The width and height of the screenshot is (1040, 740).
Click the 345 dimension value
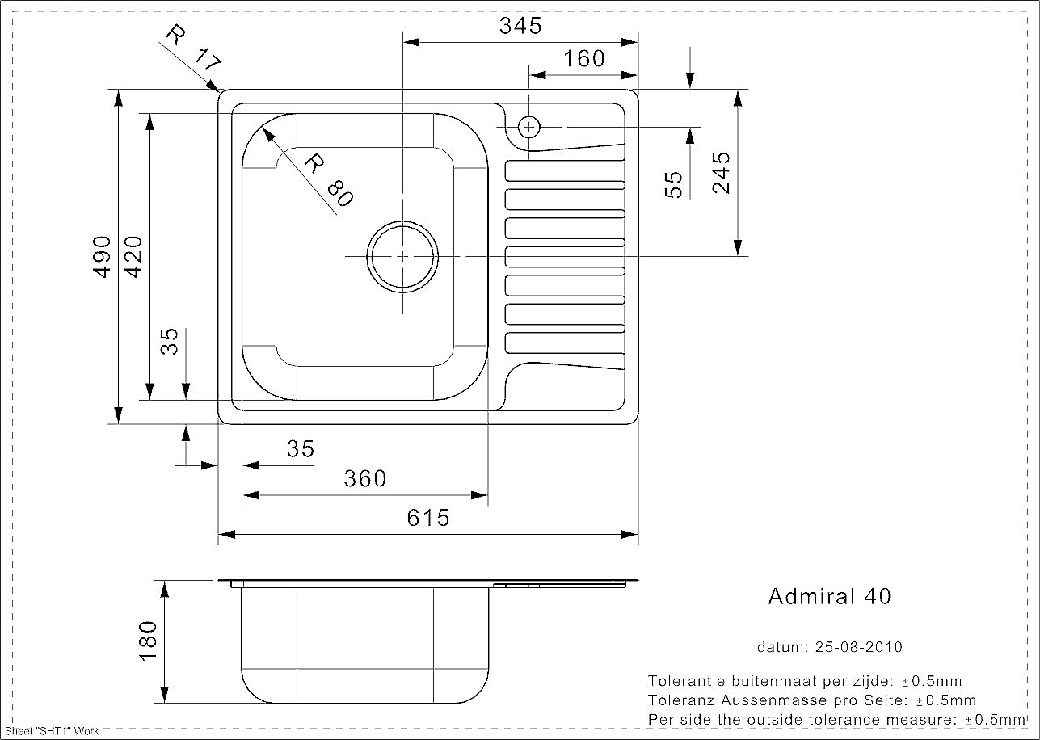click(520, 26)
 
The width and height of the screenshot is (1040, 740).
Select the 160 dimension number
click(584, 59)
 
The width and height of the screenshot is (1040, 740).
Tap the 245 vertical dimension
click(721, 173)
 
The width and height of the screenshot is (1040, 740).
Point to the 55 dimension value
click(674, 185)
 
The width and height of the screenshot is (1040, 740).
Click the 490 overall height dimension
click(102, 257)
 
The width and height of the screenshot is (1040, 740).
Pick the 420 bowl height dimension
click(133, 257)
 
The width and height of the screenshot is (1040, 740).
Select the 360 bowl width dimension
click(365, 478)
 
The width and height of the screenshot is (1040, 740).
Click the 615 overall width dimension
click(428, 518)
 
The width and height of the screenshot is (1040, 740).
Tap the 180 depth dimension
click(148, 641)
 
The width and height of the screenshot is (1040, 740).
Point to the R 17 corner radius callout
click(194, 48)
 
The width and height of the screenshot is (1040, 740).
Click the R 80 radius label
click(329, 179)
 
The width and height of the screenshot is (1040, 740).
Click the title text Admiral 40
click(830, 596)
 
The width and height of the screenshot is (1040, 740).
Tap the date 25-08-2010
click(858, 647)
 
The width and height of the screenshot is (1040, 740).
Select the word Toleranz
click(682, 700)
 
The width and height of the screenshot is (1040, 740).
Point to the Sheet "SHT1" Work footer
click(52, 731)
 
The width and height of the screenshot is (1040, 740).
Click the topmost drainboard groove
click(565, 170)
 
